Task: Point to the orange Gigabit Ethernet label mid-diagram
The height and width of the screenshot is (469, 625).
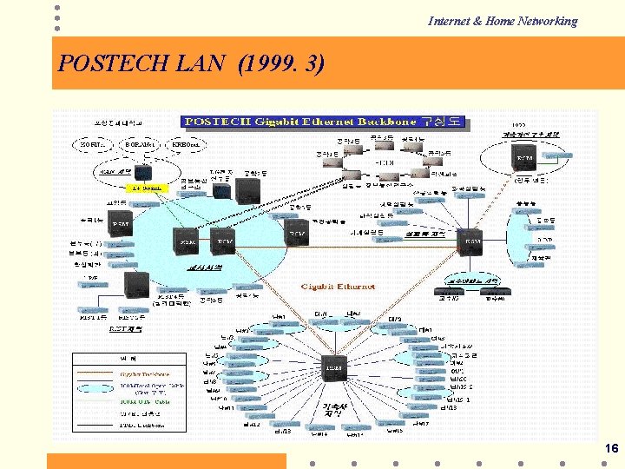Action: [339, 286]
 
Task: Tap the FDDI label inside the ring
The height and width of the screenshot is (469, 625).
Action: [383, 162]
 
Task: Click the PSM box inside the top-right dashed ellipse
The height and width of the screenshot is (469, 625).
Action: [525, 160]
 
